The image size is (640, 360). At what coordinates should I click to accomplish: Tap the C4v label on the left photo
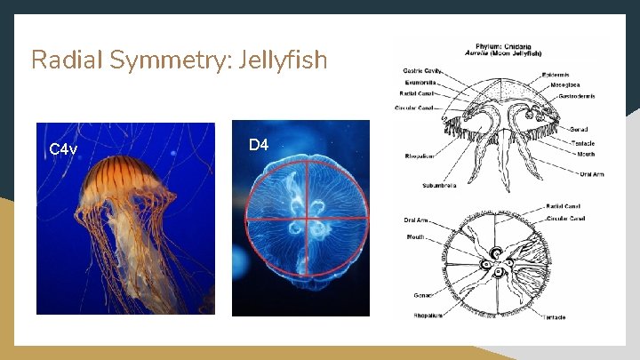point(63,148)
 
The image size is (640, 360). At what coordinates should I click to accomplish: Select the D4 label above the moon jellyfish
point(258,144)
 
